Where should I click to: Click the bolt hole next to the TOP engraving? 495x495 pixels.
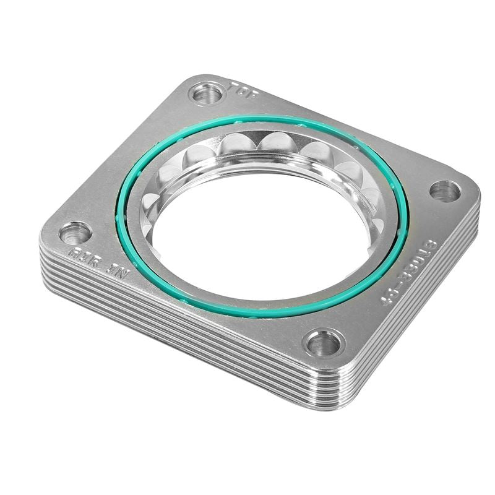click(x=207, y=95)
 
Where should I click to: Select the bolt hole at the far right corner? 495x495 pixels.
click(x=444, y=191)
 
